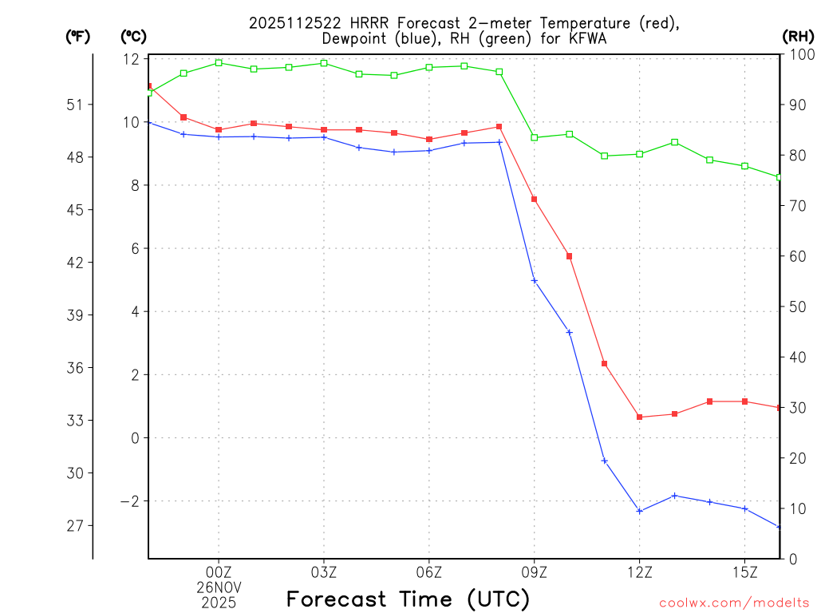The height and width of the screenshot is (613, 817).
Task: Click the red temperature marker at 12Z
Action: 639,417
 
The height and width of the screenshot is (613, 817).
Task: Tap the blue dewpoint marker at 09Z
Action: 535,281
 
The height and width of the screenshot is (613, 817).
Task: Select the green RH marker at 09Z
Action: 535,137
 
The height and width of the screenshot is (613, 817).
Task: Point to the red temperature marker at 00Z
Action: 219,129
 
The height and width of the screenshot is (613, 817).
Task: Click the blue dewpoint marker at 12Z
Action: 639,511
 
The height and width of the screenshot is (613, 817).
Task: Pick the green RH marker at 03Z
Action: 324,63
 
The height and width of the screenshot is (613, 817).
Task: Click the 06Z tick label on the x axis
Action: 429,572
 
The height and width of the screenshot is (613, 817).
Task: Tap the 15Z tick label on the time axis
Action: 744,572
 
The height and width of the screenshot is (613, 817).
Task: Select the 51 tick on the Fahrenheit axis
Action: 78,105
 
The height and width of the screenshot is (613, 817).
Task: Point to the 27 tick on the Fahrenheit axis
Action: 78,526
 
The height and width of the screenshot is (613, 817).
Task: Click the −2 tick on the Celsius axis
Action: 128,501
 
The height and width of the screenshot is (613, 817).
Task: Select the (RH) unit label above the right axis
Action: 798,36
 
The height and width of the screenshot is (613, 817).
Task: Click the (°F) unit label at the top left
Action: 78,36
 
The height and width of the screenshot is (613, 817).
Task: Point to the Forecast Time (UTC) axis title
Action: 408,599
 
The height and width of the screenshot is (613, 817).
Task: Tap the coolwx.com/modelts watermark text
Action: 734,603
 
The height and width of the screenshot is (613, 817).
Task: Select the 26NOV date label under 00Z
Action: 219,587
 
